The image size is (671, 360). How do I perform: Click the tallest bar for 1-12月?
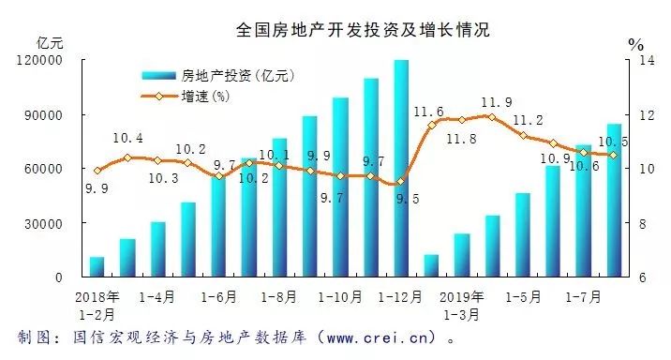click(x=400, y=169)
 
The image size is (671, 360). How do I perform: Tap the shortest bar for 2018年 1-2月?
click(x=97, y=266)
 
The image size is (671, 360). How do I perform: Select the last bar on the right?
click(x=613, y=200)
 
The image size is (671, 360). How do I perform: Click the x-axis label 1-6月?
click(x=218, y=296)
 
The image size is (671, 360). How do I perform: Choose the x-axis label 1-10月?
click(x=339, y=296)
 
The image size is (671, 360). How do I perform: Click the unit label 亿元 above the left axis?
click(x=49, y=42)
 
